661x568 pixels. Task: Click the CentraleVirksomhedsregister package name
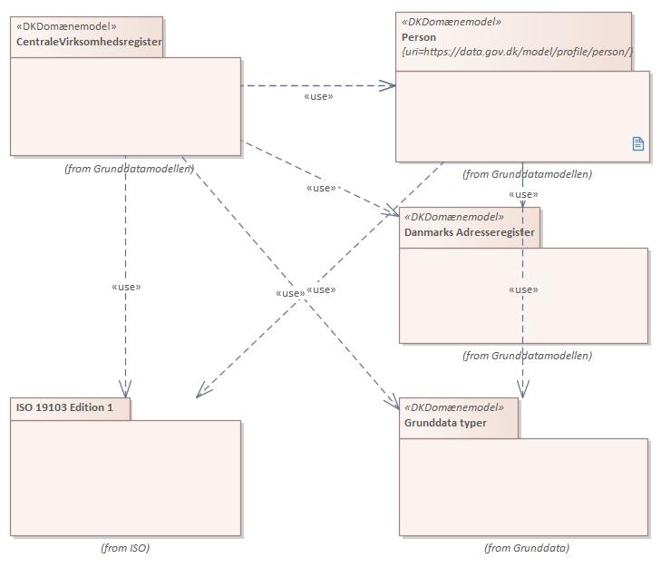(88, 42)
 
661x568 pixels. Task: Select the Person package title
(419, 37)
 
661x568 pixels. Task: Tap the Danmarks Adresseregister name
(469, 232)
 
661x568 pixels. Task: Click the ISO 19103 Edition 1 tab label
(64, 407)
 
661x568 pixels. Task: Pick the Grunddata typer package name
(445, 423)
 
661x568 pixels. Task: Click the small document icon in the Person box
(637, 143)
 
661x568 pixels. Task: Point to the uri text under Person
(517, 53)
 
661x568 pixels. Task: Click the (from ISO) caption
(125, 548)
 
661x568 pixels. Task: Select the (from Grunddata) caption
(527, 548)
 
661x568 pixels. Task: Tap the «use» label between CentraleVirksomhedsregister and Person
(318, 96)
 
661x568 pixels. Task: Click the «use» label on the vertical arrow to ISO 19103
(126, 287)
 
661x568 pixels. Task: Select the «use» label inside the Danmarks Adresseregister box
(523, 290)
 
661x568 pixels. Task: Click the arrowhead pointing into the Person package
(389, 86)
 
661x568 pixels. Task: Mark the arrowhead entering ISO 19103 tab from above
(126, 390)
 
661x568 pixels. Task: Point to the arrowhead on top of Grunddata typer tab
(523, 390)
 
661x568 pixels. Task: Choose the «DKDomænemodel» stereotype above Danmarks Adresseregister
(453, 217)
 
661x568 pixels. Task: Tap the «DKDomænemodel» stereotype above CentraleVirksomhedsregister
(66, 26)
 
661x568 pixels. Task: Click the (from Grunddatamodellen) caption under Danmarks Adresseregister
(527, 356)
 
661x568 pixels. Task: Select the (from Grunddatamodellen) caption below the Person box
(527, 174)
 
